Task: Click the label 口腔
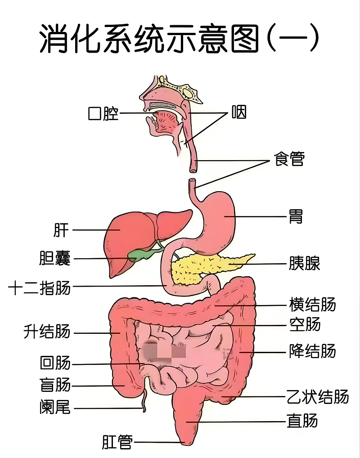click(x=103, y=113)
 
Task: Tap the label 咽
click(x=239, y=112)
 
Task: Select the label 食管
click(x=289, y=159)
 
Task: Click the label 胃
click(x=296, y=216)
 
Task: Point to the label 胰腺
click(x=304, y=263)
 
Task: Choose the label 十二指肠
click(x=40, y=287)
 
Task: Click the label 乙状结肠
click(x=318, y=397)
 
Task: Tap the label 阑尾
click(x=55, y=407)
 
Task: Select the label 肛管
click(x=117, y=442)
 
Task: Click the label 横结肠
click(x=312, y=305)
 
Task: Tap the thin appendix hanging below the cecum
click(x=144, y=397)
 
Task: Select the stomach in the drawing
click(x=218, y=222)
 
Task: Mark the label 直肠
click(x=302, y=421)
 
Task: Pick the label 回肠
click(x=55, y=363)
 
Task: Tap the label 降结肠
click(x=312, y=351)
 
